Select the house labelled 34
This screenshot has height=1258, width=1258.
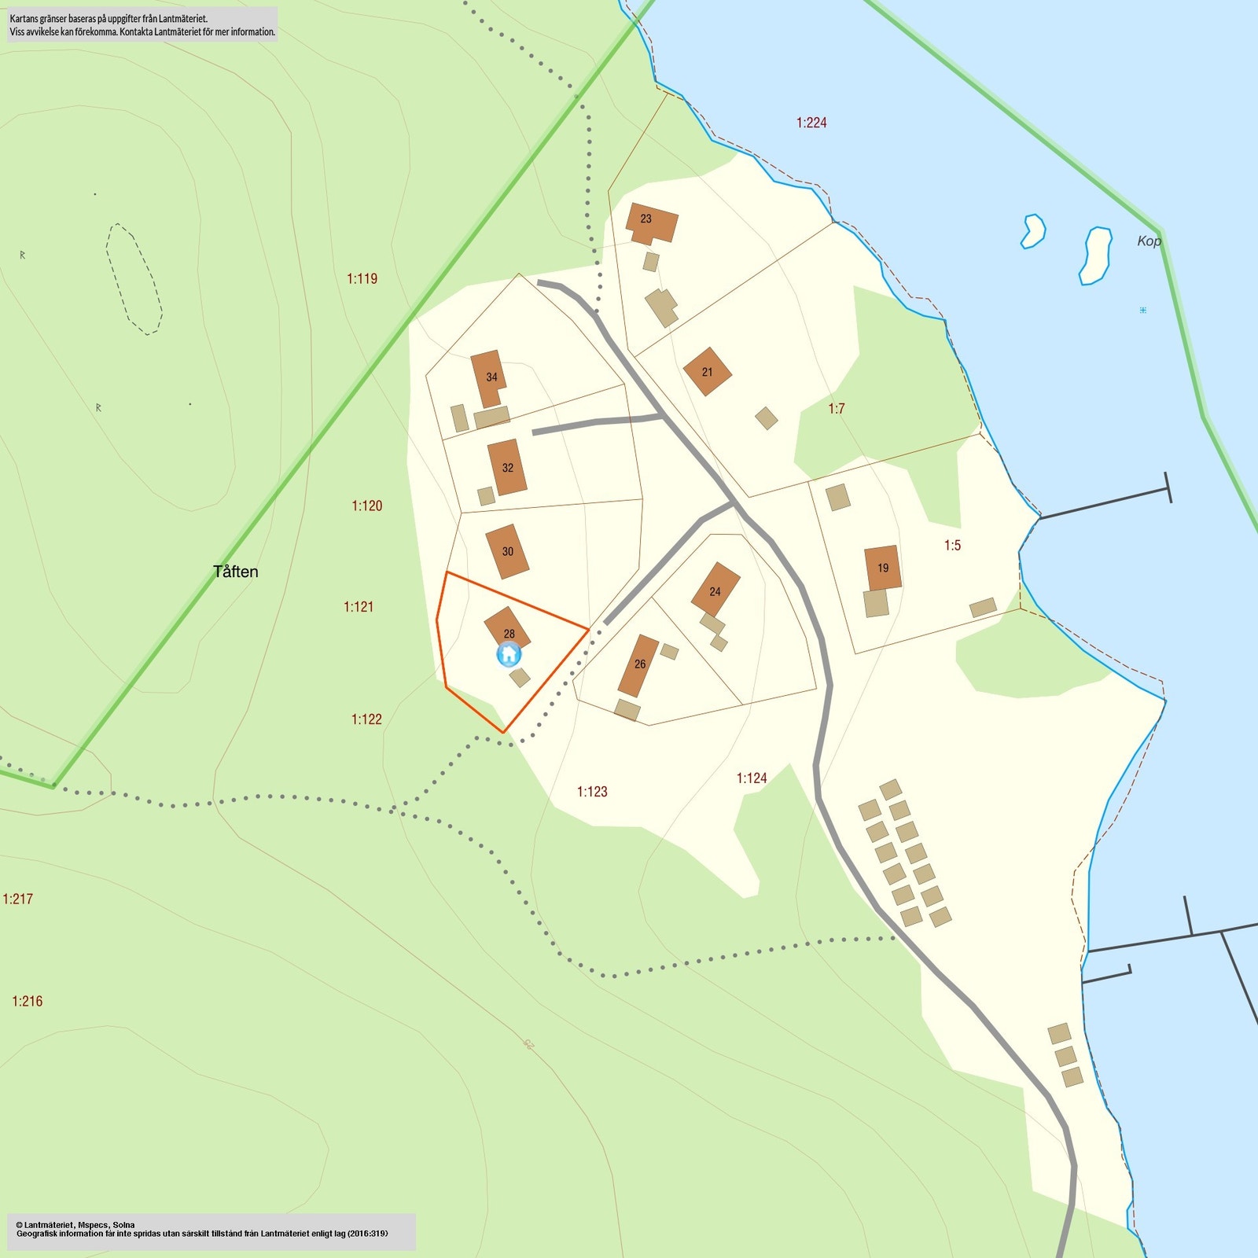point(488,377)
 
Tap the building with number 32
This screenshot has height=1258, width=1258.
point(506,467)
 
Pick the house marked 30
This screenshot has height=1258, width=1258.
point(507,551)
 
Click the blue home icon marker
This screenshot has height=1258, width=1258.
point(509,654)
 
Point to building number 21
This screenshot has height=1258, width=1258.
point(707,372)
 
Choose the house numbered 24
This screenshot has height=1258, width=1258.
point(715,590)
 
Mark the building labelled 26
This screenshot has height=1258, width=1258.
point(638,665)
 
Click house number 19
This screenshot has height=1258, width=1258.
point(882,568)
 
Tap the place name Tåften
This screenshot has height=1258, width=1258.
point(235,572)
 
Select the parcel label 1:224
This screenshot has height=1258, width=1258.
point(811,123)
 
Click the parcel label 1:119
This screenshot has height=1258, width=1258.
point(362,278)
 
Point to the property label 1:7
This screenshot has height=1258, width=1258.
point(836,409)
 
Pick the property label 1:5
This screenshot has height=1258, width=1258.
point(952,546)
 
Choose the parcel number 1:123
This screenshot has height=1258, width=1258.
point(592,792)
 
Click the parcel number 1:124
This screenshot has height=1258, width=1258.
point(751,778)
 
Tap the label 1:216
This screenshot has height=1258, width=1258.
point(27,1001)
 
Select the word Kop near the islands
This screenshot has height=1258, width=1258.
point(1149,241)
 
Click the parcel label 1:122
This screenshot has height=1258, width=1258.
point(366,719)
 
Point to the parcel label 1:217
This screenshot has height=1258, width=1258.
point(17,899)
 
